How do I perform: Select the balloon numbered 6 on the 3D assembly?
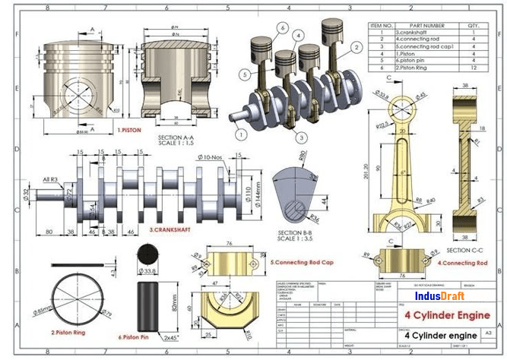click(281, 28)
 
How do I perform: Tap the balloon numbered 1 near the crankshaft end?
click(239, 135)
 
